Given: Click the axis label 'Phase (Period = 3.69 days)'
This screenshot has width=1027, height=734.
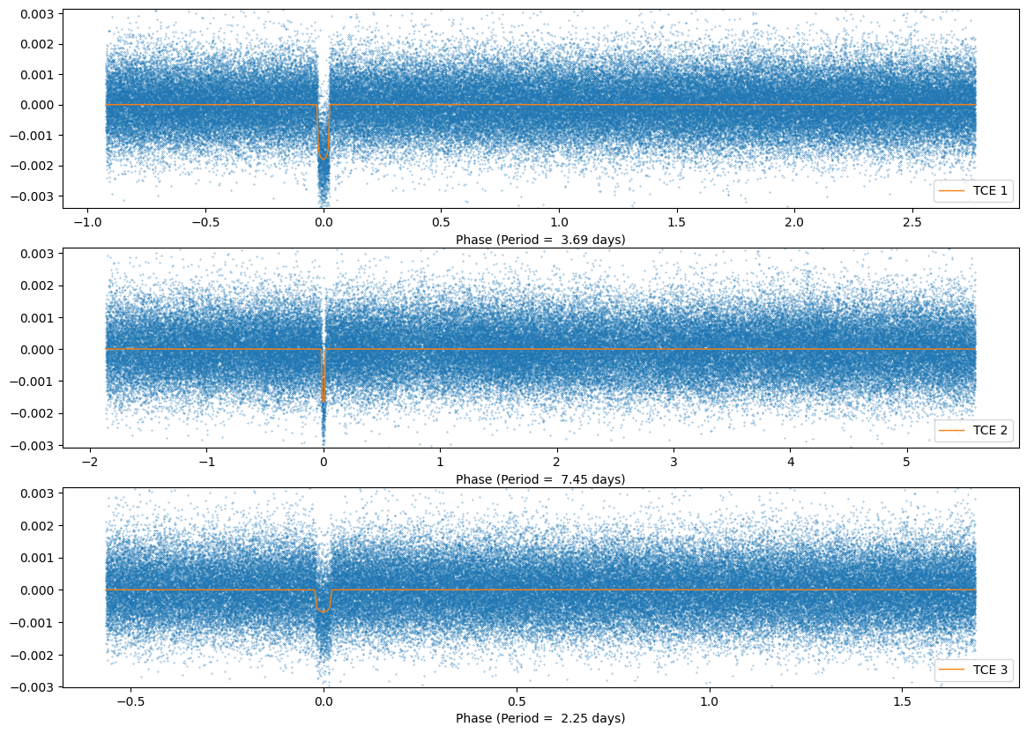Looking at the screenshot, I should (540, 240).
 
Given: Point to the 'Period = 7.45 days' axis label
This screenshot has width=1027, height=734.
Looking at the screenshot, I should (540, 479).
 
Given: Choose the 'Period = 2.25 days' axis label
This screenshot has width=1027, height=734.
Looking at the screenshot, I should (540, 718).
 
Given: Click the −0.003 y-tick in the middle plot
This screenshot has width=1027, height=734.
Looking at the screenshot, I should (35, 445).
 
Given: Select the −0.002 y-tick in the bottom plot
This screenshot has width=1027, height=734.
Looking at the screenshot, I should (35, 654).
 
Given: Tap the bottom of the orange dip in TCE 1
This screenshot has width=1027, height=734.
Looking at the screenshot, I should (324, 159).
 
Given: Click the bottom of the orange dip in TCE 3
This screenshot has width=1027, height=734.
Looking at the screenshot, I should (324, 611).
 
